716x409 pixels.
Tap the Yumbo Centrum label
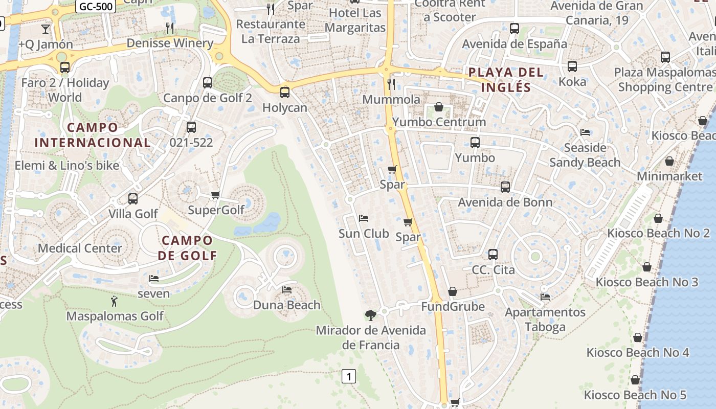coord(439,122)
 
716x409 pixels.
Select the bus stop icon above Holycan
coord(285,93)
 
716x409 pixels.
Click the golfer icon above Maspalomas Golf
coord(114,301)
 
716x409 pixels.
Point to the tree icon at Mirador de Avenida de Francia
coord(370,315)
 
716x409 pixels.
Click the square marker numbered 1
coord(348,377)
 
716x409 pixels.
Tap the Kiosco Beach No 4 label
coord(638,352)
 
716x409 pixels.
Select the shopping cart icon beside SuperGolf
coord(215,195)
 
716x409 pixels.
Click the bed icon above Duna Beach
coord(287,290)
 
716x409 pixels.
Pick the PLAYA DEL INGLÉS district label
coord(505,79)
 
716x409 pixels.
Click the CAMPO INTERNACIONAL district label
coord(93,135)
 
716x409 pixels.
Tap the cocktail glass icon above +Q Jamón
coord(46,29)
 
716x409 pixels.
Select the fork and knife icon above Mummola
coord(391,84)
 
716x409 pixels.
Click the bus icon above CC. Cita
coord(493,254)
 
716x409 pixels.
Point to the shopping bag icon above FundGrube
coord(453,291)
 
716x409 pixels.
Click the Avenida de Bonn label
coord(505,202)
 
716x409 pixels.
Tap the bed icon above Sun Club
coord(364,218)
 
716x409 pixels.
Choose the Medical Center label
coord(80,248)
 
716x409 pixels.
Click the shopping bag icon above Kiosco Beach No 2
coord(658,218)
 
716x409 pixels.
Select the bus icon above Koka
coord(572,66)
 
